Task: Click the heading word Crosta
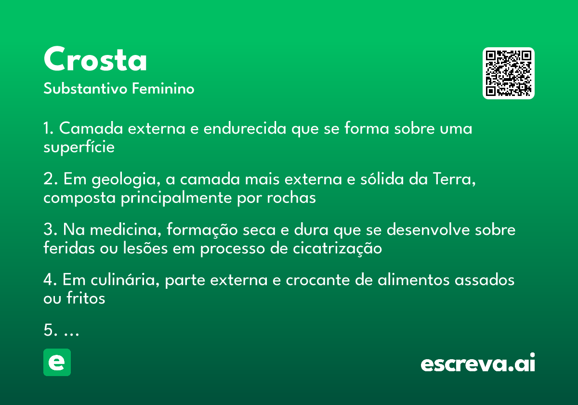tap(95, 59)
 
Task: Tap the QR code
tap(508, 73)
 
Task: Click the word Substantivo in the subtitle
tap(85, 88)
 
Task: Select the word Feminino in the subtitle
tap(163, 88)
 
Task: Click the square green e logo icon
tap(57, 362)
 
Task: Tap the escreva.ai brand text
tap(478, 363)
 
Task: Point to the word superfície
tap(79, 148)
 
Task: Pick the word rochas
tap(291, 198)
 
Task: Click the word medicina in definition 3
tap(125, 229)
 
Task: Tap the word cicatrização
tap(337, 249)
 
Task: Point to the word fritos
tap(86, 298)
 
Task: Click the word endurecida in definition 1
tap(245, 128)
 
